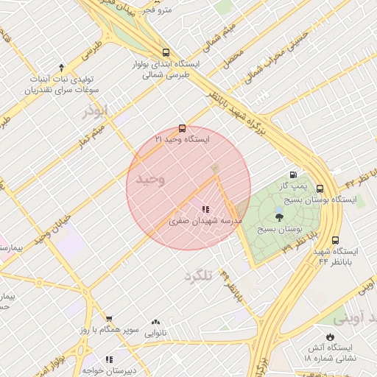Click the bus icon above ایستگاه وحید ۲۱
tap(183, 128)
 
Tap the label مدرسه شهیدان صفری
tap(199, 221)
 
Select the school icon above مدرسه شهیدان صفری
tap(205, 210)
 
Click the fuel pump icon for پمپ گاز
tap(294, 175)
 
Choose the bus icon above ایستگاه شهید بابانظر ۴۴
tap(336, 240)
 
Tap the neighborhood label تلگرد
tap(197, 275)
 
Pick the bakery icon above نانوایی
tap(155, 322)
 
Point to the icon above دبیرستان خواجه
tap(110, 359)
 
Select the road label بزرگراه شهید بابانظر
tap(246, 110)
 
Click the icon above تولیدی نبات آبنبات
tap(61, 67)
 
